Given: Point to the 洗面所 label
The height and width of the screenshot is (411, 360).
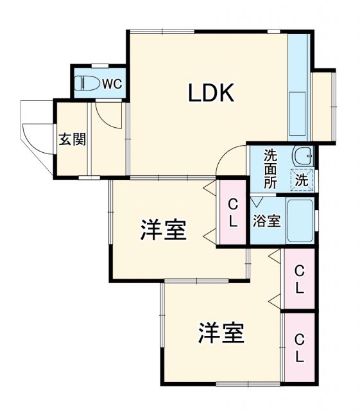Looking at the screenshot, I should click(271, 168).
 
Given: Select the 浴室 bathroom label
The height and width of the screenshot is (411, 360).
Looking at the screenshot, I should click(266, 221).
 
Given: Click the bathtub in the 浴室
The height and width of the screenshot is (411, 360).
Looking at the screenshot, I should click(299, 220).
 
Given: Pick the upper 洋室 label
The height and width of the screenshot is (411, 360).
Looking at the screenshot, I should click(164, 230).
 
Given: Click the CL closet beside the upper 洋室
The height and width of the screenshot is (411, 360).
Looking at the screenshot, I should click(233, 212).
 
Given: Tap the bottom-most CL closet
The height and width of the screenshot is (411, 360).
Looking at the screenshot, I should click(299, 347).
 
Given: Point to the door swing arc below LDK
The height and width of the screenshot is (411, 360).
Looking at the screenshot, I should click(230, 161).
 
